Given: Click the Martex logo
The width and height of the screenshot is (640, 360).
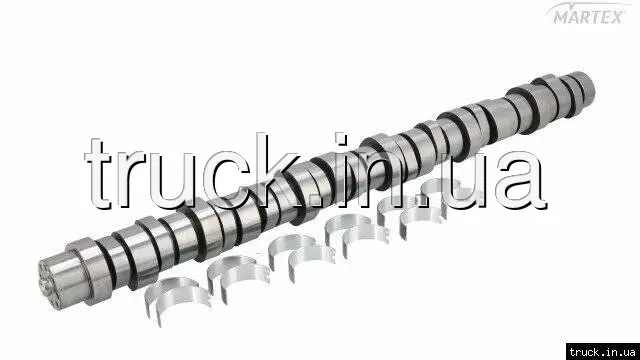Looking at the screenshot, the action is point(589,13).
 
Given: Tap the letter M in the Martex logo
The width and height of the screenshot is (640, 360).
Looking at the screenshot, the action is point(562,18).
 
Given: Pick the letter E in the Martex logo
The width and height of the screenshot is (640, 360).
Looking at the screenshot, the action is point(604,18).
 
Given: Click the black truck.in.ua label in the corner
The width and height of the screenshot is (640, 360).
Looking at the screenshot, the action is point(603,352).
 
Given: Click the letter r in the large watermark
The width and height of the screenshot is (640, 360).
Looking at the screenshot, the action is point(131,179).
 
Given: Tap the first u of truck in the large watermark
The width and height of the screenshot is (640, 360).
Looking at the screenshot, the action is point(172,180).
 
